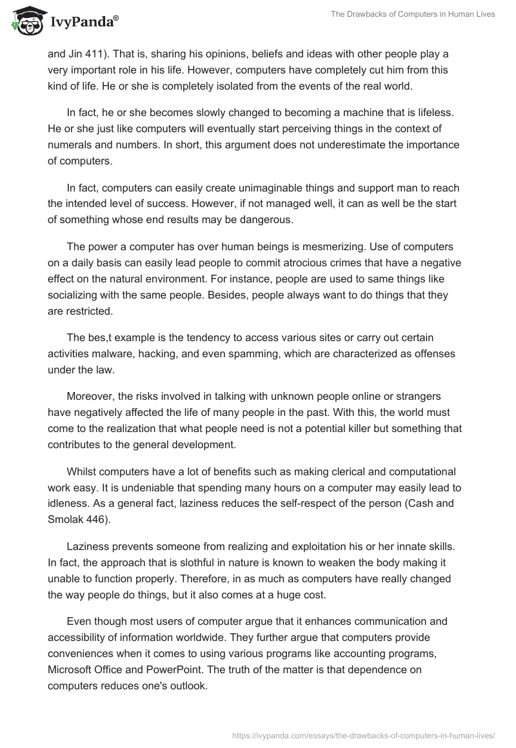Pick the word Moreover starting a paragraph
pyautogui.click(x=90, y=396)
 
